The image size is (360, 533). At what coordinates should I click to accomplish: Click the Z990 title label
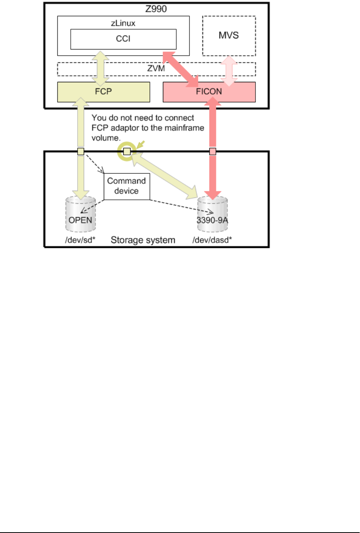click(x=156, y=9)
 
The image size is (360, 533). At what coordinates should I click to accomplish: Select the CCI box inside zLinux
click(x=123, y=39)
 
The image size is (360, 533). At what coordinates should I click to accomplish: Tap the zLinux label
click(x=123, y=23)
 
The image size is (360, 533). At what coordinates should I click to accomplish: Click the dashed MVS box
click(x=229, y=36)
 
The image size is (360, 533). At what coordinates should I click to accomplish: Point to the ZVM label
click(x=156, y=68)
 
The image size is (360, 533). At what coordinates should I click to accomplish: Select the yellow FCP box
click(x=103, y=92)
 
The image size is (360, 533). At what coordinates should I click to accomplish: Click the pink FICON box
click(x=209, y=92)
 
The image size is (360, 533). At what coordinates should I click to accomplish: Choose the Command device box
click(x=126, y=186)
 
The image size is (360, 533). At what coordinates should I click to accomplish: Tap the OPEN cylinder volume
click(x=80, y=215)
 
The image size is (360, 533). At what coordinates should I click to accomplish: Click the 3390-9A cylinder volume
click(x=212, y=215)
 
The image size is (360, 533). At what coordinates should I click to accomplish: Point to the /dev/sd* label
click(x=80, y=240)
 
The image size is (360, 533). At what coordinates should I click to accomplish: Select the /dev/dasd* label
click(x=212, y=240)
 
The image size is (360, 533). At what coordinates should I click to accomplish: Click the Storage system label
click(x=143, y=240)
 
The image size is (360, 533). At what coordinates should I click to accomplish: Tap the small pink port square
click(x=213, y=151)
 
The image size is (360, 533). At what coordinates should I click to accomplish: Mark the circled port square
click(x=127, y=151)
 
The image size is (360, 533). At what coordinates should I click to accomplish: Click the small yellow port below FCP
click(x=81, y=151)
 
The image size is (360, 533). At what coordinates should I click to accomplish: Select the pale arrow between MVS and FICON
click(x=229, y=71)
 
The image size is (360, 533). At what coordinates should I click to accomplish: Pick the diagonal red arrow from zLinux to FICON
click(x=181, y=68)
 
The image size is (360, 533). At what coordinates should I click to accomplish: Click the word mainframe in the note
click(x=186, y=128)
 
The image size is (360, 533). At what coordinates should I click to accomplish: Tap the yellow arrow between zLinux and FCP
click(x=101, y=68)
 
